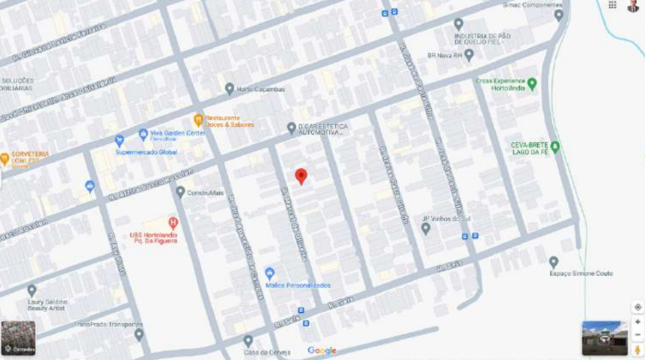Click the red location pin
point(301,176)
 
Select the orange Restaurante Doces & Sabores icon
point(198,120)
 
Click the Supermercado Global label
point(146,152)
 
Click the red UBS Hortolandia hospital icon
point(173,222)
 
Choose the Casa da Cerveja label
point(266,352)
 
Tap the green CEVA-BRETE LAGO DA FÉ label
point(529,148)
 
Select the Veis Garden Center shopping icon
point(143,135)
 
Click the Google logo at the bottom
point(322,351)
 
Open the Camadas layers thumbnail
point(18,338)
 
